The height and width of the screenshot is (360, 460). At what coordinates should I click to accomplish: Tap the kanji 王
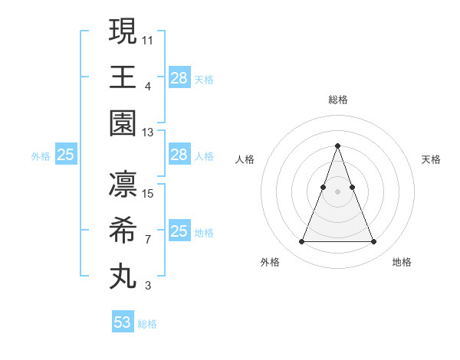point(123,77)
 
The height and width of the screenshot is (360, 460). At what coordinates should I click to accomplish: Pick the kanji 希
point(123,231)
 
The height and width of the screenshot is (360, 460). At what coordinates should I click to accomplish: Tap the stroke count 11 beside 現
point(148,39)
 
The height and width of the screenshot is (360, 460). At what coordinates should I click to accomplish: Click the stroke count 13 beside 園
point(148,133)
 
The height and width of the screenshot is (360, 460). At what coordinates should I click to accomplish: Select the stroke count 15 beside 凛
point(148,193)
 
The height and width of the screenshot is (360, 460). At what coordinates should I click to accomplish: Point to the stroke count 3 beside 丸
point(148,286)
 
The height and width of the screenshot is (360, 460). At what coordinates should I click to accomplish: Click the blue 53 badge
point(123,322)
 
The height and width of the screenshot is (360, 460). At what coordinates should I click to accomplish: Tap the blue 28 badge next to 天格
point(179,78)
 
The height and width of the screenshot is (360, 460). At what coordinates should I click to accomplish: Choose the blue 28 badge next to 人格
point(179,155)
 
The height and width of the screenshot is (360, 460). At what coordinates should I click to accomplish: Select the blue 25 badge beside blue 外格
point(65,155)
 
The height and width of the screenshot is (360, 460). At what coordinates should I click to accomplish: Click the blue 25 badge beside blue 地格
point(179,231)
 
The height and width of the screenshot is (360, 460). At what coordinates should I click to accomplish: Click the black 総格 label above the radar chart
point(337,100)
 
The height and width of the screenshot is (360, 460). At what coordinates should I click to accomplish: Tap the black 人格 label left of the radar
point(245,159)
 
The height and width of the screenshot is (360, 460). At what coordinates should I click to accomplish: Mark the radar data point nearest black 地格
point(373,242)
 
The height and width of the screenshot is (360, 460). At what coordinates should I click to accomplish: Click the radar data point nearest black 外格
point(301,242)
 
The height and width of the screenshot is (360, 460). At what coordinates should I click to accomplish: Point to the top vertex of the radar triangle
point(337,146)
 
